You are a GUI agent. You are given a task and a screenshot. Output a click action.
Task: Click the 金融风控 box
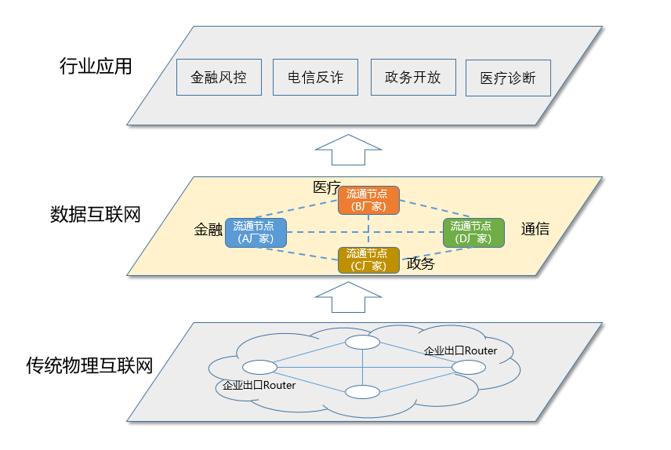click(219, 77)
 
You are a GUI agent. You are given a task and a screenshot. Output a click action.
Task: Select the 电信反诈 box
click(315, 77)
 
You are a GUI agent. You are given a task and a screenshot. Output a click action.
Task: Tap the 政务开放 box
click(413, 77)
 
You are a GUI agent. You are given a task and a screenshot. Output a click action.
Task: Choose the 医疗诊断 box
click(508, 78)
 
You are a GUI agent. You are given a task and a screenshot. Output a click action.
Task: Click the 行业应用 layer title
click(96, 67)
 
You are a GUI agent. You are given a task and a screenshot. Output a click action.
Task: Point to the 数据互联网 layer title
click(96, 214)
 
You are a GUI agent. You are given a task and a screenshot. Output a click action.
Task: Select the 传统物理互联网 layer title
click(89, 365)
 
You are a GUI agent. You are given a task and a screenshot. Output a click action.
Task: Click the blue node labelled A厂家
click(256, 233)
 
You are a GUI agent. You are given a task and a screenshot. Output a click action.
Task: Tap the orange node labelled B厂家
click(369, 201)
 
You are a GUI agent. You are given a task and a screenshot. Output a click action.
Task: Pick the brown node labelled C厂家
click(369, 260)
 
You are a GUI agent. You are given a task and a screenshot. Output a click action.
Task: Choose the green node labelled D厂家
click(473, 233)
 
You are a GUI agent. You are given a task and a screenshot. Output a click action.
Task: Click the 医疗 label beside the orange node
click(327, 187)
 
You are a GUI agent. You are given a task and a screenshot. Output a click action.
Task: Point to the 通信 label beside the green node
click(535, 229)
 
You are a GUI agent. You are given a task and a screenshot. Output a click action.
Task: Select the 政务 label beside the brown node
click(420, 263)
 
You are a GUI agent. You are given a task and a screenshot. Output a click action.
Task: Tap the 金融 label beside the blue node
click(209, 230)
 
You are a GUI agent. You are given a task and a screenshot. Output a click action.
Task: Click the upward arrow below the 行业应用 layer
click(348, 150)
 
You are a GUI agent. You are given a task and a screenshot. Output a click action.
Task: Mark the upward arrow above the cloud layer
click(348, 297)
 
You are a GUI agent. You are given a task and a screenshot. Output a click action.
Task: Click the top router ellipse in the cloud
click(362, 342)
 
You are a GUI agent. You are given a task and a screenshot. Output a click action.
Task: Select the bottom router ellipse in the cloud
click(362, 392)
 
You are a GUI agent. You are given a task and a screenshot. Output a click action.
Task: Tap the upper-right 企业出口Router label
click(460, 350)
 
